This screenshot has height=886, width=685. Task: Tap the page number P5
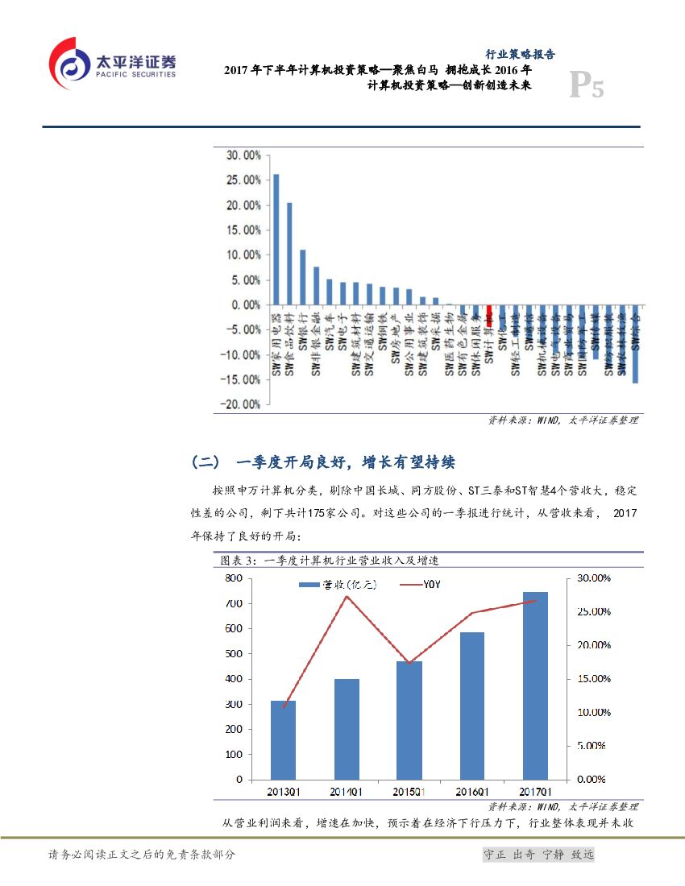click(586, 86)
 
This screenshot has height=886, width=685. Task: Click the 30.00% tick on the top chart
click(243, 155)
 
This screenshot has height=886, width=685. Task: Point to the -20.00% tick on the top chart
click(242, 404)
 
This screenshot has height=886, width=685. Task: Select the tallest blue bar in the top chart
click(276, 239)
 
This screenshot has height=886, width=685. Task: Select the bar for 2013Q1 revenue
click(283, 740)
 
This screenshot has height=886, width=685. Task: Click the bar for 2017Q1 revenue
click(535, 685)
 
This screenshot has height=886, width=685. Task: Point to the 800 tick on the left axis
click(233, 578)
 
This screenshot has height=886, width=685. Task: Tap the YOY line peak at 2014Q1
click(347, 596)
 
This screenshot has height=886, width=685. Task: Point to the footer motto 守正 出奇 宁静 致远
click(537, 855)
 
